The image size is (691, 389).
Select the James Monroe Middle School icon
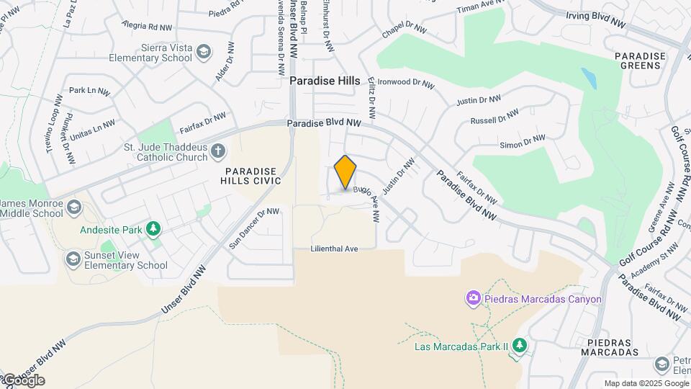(x=73, y=208)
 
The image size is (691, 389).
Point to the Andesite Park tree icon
(x=153, y=229)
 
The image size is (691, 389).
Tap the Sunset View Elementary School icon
(x=73, y=258)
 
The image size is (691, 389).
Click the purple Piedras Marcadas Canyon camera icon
(x=473, y=298)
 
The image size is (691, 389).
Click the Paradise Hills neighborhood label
(x=325, y=81)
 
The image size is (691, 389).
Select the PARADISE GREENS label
(x=638, y=61)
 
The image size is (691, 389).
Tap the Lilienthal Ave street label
(x=334, y=249)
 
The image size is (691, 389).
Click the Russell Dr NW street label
(x=494, y=116)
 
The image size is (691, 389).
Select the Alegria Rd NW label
(x=148, y=27)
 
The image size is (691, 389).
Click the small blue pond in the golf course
(x=589, y=78)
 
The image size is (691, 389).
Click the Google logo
(x=23, y=380)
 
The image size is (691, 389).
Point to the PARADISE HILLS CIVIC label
(x=250, y=176)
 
